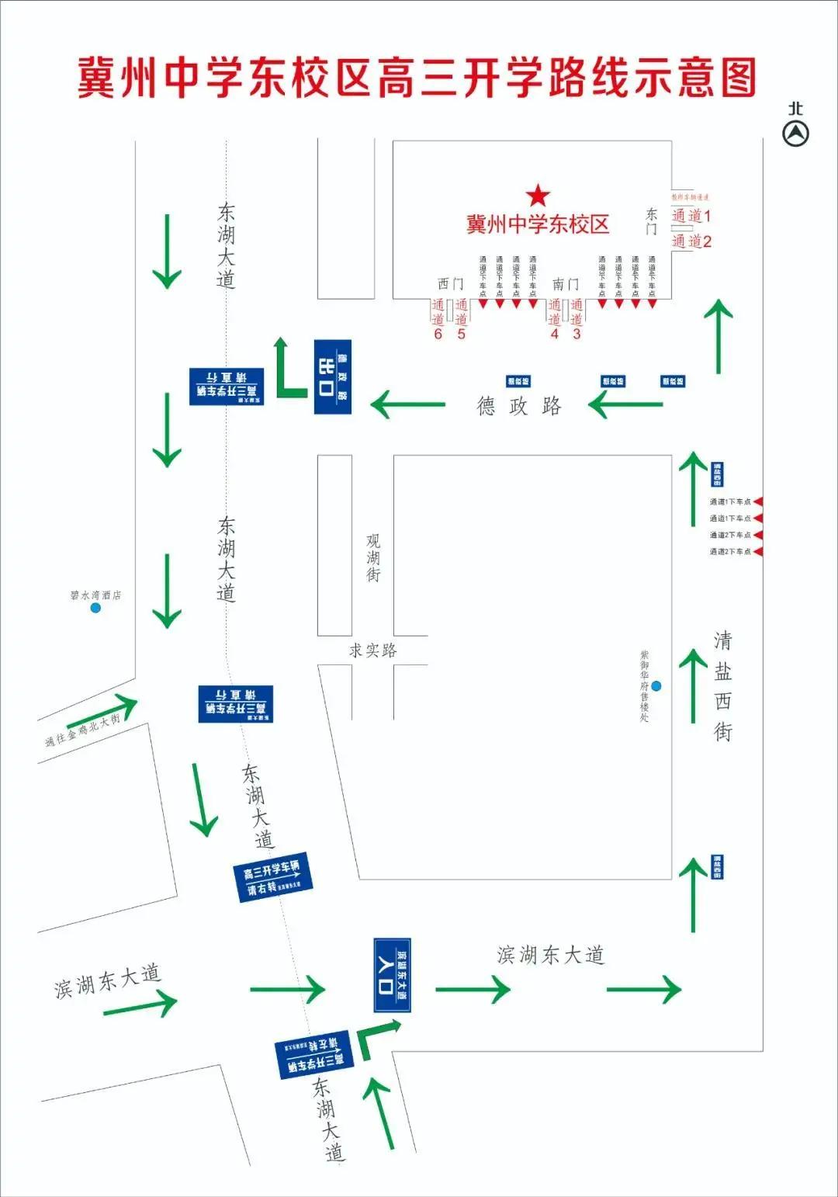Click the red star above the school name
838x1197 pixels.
[538, 195]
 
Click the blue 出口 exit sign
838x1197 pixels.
[333, 376]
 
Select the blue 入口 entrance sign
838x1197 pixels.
[392, 974]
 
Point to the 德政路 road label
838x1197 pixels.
[519, 406]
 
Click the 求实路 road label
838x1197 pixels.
[373, 651]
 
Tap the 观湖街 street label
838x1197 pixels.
[373, 557]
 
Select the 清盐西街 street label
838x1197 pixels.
[722, 685]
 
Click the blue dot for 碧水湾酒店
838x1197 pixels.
[95, 608]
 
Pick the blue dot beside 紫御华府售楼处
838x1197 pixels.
[656, 685]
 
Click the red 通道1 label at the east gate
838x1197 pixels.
[691, 216]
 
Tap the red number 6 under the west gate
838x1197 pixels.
[438, 334]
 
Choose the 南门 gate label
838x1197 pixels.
[566, 284]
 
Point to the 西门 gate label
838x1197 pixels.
[451, 284]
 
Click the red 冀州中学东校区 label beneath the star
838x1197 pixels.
[538, 224]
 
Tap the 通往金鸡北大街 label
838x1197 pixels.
[83, 730]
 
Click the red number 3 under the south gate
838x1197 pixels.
[577, 334]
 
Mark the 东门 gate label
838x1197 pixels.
[652, 220]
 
